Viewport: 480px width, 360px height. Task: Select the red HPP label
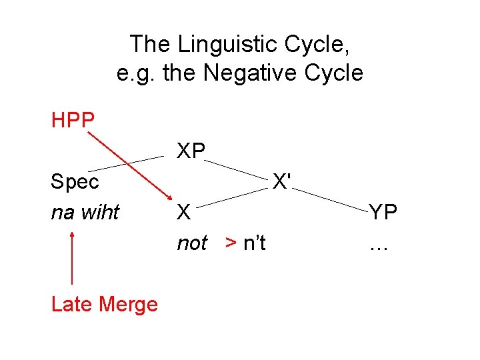(x=73, y=121)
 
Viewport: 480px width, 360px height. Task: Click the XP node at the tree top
(x=191, y=151)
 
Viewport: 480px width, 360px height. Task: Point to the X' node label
(x=284, y=181)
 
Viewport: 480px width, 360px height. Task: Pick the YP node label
(x=383, y=212)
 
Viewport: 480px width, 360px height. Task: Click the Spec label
(x=75, y=181)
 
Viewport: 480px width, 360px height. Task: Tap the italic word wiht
(x=102, y=212)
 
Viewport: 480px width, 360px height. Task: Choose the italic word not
(x=192, y=243)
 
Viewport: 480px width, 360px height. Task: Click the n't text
(x=254, y=243)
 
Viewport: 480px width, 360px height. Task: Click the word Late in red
(x=71, y=305)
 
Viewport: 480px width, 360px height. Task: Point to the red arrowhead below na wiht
(x=72, y=234)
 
